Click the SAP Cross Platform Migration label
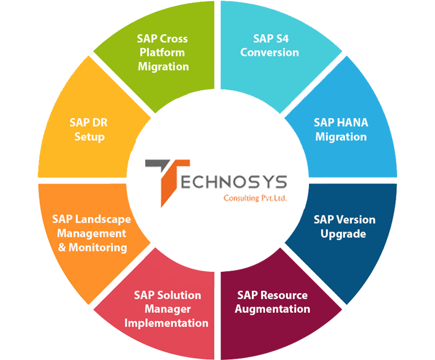pos(163,52)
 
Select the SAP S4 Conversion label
pos(269,45)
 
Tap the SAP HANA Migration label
pos(341,130)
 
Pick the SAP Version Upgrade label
pos(344,227)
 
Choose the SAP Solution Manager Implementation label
pos(166,308)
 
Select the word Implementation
pos(166,323)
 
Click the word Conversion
pos(269,52)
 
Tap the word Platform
pos(163,52)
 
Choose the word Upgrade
pos(344,234)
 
